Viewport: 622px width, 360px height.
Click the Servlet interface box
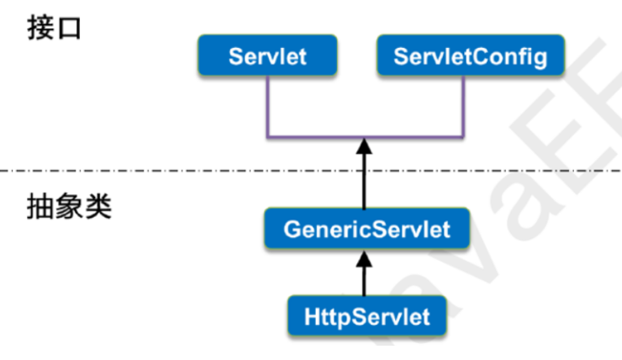point(267,56)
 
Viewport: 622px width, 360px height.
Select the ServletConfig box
point(470,56)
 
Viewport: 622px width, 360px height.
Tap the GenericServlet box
point(366,228)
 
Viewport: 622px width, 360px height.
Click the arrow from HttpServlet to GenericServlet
point(365,273)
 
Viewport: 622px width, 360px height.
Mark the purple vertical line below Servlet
point(266,105)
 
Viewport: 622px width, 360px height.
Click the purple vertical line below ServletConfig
point(464,105)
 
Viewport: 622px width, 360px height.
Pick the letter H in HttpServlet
point(308,317)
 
